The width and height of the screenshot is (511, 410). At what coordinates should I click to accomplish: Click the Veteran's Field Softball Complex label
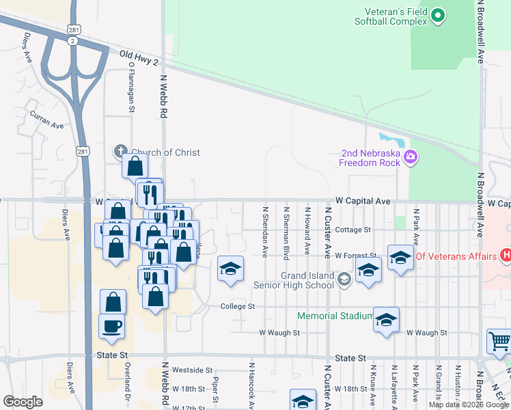[391, 17]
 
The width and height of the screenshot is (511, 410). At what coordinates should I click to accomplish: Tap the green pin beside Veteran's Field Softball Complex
[439, 14]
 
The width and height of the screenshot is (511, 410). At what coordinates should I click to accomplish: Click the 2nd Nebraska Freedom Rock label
[371, 158]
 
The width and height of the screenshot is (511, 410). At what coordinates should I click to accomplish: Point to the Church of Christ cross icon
[120, 152]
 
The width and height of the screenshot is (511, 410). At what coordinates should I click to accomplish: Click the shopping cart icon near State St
[499, 341]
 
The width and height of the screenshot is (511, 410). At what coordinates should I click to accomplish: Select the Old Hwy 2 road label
[139, 57]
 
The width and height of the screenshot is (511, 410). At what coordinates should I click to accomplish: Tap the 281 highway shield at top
[74, 29]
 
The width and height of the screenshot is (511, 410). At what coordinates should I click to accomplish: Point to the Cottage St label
[353, 230]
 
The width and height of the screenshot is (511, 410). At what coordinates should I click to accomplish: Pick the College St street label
[237, 307]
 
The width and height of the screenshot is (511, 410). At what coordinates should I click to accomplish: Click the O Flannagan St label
[130, 87]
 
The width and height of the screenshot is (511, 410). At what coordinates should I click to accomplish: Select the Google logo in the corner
[23, 402]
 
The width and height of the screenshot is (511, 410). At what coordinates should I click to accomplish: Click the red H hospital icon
[506, 256]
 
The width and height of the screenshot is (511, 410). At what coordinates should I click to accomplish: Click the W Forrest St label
[356, 256]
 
